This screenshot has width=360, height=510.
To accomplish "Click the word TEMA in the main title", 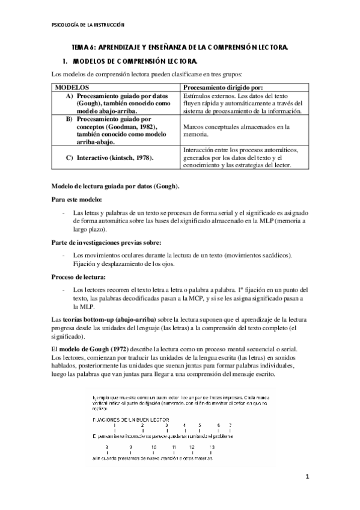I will click(x=80, y=46).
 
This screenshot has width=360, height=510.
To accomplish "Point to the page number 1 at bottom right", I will click(x=307, y=494).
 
